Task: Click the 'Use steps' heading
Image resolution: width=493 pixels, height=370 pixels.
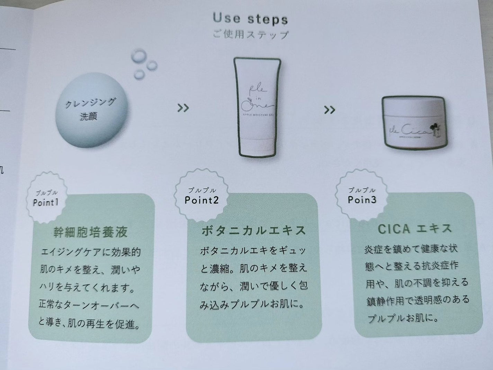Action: tap(250, 19)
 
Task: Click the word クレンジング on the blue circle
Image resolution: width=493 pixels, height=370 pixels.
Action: tap(90, 103)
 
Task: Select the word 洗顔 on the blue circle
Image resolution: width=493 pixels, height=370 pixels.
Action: tap(89, 116)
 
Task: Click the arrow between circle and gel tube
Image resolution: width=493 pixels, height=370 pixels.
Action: tap(183, 108)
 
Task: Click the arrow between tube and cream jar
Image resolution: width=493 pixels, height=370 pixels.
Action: tap(329, 110)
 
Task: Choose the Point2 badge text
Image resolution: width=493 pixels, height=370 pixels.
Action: tap(201, 200)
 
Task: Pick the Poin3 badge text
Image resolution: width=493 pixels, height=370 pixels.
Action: tap(362, 200)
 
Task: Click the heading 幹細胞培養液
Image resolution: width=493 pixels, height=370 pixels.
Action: tap(90, 232)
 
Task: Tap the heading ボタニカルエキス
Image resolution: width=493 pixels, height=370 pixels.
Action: tap(254, 231)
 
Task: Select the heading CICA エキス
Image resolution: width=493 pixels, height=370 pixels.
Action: tap(415, 229)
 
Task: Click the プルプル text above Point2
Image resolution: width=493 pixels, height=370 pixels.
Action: tap(202, 190)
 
